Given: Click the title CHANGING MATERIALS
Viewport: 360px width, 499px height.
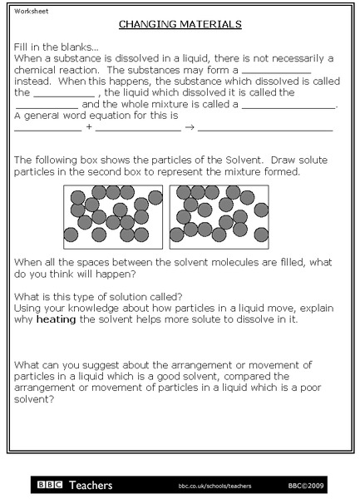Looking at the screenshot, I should (180, 25).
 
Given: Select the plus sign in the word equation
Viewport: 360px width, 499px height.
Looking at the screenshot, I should (89, 128).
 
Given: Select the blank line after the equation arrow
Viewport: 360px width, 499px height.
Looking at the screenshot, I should (265, 131).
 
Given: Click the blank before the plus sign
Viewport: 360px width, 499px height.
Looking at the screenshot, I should (48, 131).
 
